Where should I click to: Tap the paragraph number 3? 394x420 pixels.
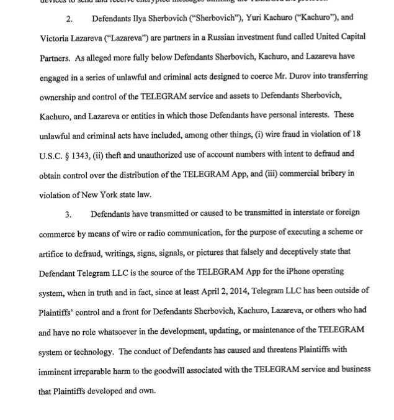coord(70,214)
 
